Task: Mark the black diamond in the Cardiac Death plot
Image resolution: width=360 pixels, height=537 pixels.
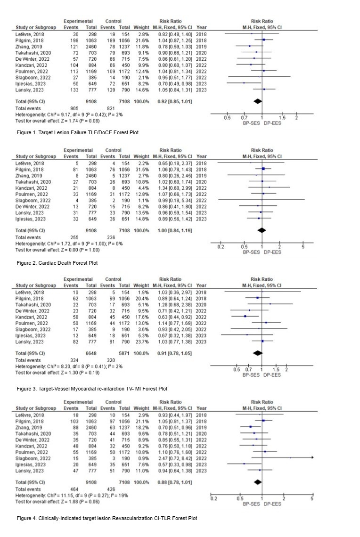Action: [x=262, y=231]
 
